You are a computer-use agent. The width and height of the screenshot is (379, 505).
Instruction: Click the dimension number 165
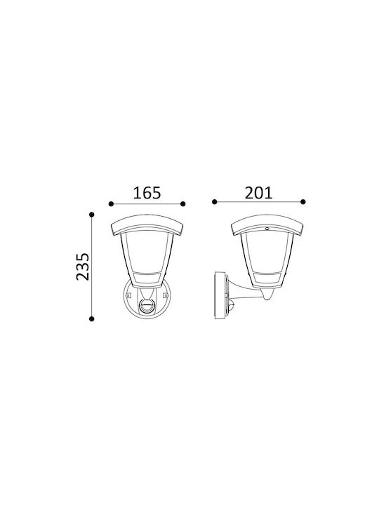pos(147,193)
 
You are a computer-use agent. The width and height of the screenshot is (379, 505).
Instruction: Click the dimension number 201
pos(258,193)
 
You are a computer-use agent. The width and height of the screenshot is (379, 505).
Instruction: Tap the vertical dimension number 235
pos(83,267)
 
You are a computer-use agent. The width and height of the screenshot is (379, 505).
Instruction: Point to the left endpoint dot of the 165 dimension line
pos(111,204)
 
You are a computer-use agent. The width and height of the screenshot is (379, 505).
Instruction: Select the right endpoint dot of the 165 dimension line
pos(182,204)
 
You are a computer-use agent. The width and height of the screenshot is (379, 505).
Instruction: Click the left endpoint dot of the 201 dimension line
pos(215,202)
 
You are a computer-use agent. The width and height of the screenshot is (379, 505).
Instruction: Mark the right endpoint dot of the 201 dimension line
pos(303,202)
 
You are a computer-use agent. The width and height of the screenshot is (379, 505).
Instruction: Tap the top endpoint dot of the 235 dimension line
pos(92,215)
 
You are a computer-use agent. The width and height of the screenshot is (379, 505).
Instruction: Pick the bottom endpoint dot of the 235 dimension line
pos(92,319)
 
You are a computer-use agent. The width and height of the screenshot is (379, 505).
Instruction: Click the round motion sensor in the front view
pos(147,307)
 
